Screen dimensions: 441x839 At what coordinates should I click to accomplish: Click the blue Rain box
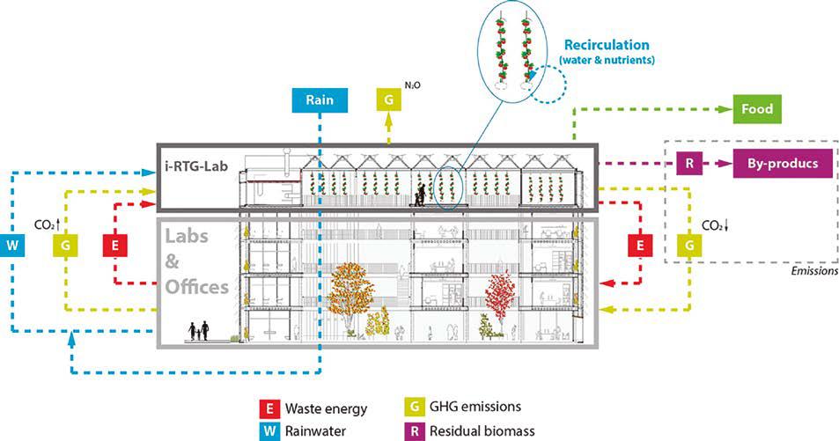(x=320, y=99)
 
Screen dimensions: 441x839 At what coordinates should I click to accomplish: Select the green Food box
(x=756, y=109)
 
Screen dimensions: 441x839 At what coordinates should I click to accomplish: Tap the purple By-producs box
(x=776, y=163)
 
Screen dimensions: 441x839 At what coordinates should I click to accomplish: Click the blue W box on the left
(x=13, y=243)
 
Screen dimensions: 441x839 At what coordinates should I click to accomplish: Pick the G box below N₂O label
(x=388, y=99)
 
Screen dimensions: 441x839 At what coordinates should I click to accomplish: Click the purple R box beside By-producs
(x=688, y=163)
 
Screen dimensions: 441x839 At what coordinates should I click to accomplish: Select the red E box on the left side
(x=115, y=243)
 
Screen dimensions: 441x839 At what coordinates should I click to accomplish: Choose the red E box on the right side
(x=640, y=243)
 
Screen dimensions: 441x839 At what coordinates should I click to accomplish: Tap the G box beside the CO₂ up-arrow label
(x=64, y=243)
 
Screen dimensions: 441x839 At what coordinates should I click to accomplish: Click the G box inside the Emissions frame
(x=688, y=243)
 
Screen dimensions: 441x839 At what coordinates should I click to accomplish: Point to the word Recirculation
(x=607, y=45)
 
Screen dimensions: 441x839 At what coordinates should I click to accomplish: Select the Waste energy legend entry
(x=325, y=409)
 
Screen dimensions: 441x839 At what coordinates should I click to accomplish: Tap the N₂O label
(x=411, y=85)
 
